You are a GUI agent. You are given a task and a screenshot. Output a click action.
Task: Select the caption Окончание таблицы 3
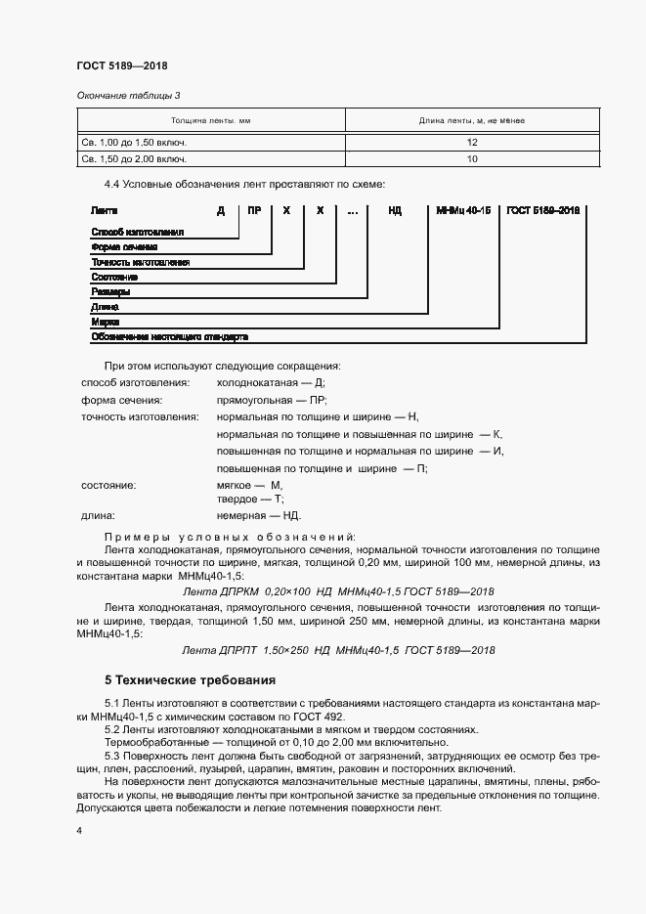pos(128,96)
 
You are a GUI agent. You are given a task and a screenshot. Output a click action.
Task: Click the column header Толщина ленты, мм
pos(210,120)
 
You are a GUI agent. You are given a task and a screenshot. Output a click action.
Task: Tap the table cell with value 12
pos(472,141)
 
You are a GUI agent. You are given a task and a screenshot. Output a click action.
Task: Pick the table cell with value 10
pos(472,157)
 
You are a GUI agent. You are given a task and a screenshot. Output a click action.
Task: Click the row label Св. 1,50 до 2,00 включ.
pos(134,157)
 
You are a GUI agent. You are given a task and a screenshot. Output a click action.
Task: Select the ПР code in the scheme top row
pos(254,210)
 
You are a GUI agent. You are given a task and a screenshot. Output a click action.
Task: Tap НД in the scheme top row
pos(395,210)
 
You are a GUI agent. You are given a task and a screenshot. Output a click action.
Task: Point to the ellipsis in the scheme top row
pos(352,210)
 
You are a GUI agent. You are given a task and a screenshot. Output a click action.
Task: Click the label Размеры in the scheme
pos(109,291)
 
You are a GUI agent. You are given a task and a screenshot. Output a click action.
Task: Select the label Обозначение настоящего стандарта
pos(169,336)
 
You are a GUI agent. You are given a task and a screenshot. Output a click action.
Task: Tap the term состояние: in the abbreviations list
pos(108,486)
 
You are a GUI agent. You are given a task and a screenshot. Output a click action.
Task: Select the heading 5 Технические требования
pos(190,679)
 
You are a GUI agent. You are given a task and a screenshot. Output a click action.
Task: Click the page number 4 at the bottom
pos(78,830)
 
